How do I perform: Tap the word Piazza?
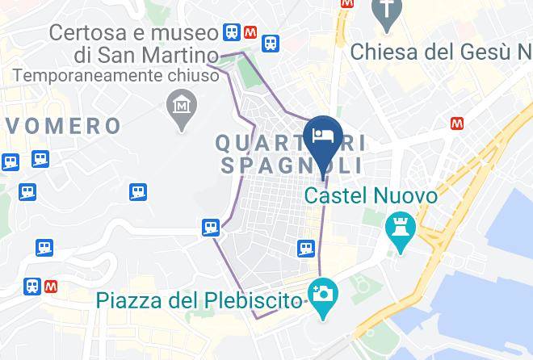click(127, 301)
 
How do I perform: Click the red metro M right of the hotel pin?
click(458, 123)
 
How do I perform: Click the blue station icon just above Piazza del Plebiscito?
click(305, 247)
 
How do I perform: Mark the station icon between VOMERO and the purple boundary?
click(138, 191)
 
